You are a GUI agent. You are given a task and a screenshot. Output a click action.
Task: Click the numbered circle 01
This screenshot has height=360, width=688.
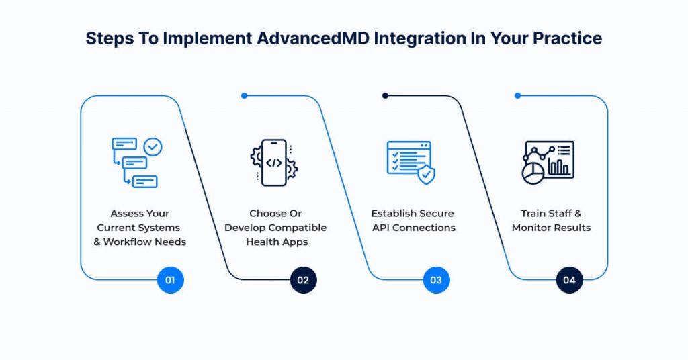click(x=170, y=280)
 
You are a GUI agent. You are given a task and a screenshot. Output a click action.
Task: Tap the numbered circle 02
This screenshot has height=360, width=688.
click(x=303, y=280)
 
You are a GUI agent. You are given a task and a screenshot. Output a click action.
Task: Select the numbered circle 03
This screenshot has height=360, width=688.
click(x=436, y=280)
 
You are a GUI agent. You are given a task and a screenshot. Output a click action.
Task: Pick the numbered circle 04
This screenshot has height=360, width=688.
click(x=569, y=280)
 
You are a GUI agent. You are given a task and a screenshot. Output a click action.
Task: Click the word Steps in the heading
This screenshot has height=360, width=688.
click(x=108, y=38)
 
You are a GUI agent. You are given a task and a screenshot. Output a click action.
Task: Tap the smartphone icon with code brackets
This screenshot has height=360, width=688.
click(x=274, y=163)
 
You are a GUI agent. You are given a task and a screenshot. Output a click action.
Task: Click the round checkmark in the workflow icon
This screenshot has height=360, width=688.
click(x=153, y=147)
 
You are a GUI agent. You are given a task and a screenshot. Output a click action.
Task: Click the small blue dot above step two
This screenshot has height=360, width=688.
click(x=244, y=95)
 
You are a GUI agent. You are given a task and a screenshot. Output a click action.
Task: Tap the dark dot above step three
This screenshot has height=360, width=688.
click(x=385, y=95)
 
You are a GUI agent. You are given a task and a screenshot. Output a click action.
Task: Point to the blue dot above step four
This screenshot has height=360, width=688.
click(x=517, y=95)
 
